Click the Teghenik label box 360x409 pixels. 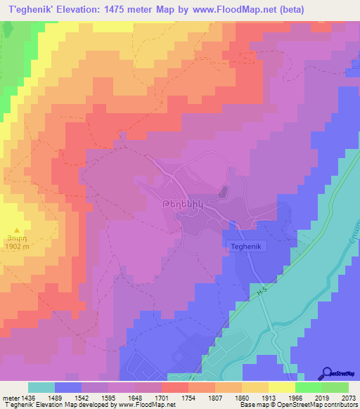[x=245, y=248]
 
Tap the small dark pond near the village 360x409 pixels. [x=223, y=191]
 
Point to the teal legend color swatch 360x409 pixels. [x=41, y=387]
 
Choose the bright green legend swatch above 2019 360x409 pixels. [x=309, y=387]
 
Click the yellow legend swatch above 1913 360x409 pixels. [x=255, y=387]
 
